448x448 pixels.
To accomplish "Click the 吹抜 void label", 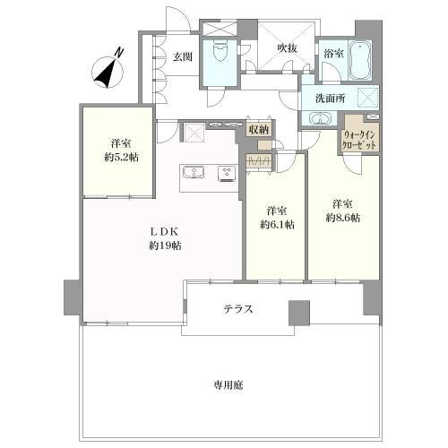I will pyautogui.click(x=286, y=48).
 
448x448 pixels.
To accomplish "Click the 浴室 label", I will pyautogui.click(x=334, y=54).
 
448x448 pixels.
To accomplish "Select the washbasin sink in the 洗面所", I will pyautogui.click(x=320, y=118).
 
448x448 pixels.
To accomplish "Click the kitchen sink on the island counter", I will pyautogui.click(x=194, y=173).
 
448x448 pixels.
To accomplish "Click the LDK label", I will pyautogui.click(x=162, y=228).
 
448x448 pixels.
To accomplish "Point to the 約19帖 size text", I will pyautogui.click(x=162, y=244).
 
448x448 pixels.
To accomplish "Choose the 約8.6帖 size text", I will pyautogui.click(x=343, y=218).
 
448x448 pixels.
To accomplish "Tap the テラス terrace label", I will pyautogui.click(x=238, y=309).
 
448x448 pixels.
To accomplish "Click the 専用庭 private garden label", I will pyautogui.click(x=228, y=385).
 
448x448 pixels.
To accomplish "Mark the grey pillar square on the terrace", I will pyautogui.click(x=298, y=313).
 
